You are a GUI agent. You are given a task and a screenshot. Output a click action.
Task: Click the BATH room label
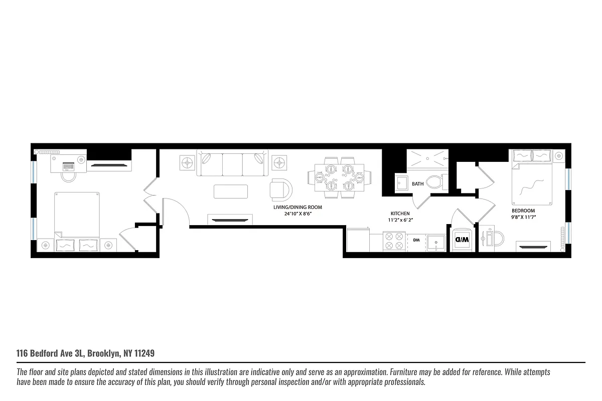(x=417, y=184)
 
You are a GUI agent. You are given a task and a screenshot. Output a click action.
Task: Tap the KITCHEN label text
(x=400, y=214)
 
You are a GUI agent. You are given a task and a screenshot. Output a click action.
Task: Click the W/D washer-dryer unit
(x=461, y=240)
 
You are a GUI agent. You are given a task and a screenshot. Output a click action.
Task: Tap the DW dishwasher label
(x=416, y=240)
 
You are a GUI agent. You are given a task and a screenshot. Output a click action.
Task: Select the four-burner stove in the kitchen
(x=394, y=240)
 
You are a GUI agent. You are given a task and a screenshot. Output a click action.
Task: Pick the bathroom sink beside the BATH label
(x=401, y=183)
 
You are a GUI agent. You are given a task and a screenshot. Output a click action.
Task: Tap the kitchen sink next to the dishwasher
(x=436, y=241)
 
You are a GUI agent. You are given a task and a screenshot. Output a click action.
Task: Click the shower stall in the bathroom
(x=425, y=159)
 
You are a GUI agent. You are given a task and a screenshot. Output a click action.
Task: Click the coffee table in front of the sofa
(x=230, y=191)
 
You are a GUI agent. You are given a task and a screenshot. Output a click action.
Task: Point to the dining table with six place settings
(x=340, y=177)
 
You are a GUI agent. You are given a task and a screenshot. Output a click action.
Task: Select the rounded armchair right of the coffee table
(x=281, y=189)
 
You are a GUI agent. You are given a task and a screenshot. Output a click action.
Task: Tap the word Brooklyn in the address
(x=103, y=353)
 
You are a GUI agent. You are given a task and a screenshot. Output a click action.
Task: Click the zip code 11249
(x=144, y=353)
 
